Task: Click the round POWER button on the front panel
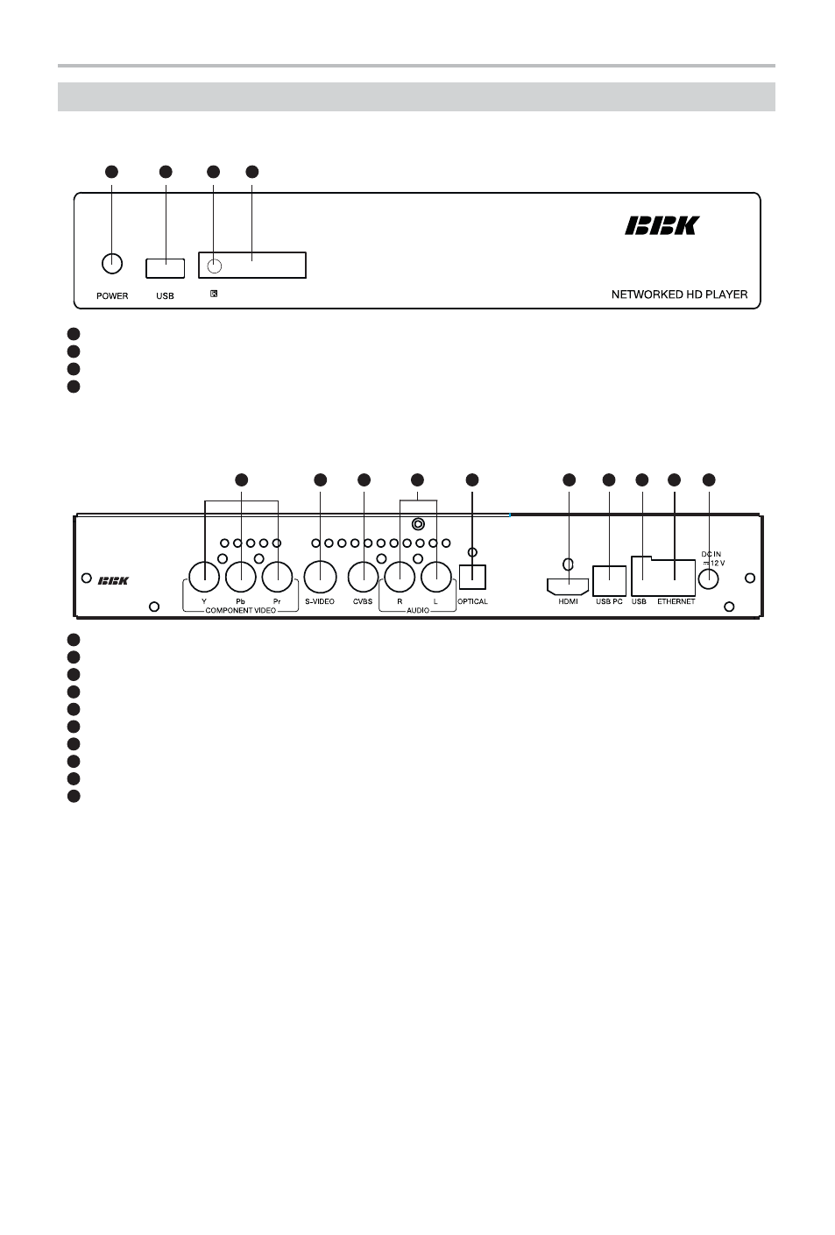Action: click(112, 264)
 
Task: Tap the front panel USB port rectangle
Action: click(165, 268)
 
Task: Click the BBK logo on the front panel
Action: click(662, 225)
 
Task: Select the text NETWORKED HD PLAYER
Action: click(679, 295)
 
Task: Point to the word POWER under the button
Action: click(112, 296)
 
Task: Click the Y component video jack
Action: click(204, 577)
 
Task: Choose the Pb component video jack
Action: click(241, 577)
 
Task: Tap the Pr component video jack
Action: click(277, 577)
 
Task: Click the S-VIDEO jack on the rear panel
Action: click(320, 577)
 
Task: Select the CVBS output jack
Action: click(364, 577)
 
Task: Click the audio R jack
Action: click(400, 577)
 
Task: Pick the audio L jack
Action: click(436, 577)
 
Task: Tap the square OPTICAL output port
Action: click(472, 578)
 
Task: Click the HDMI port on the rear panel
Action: click(568, 586)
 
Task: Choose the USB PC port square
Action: click(609, 580)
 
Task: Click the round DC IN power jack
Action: click(708, 578)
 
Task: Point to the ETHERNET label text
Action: click(676, 601)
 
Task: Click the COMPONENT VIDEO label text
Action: click(240, 610)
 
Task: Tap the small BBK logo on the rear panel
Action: click(113, 580)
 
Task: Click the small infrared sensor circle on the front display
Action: click(215, 266)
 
